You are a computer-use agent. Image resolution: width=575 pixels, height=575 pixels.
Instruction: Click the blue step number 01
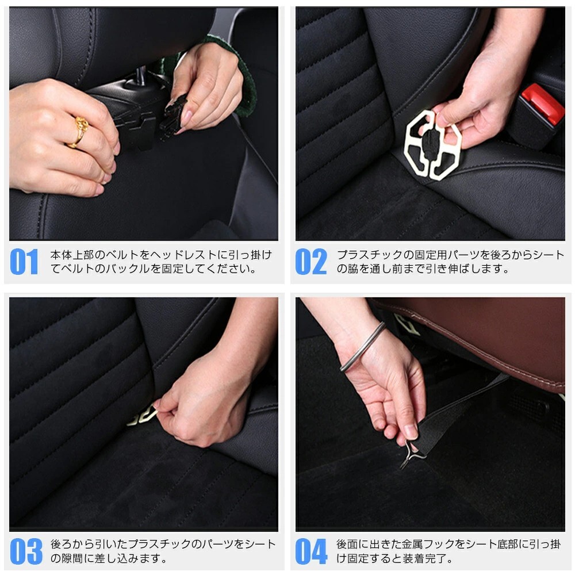(24, 262)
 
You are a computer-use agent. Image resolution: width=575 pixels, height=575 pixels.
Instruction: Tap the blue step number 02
(311, 262)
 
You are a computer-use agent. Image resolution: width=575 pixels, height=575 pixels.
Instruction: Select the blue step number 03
(26, 551)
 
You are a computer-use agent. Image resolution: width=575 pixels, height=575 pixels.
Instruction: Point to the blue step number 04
(311, 551)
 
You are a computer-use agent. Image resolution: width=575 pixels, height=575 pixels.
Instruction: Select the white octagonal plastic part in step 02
(432, 145)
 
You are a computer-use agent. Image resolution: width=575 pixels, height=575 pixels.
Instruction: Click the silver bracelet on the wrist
(363, 347)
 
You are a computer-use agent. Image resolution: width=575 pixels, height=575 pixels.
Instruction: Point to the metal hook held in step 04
(412, 455)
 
